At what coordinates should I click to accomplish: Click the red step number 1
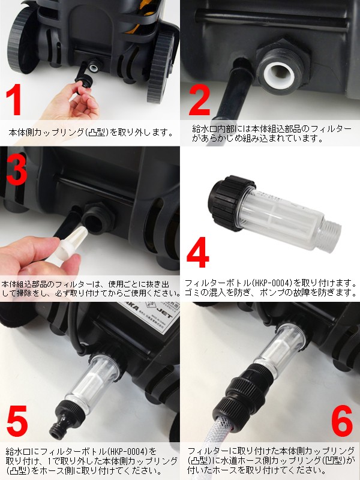[14, 100]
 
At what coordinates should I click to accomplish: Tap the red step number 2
[199, 100]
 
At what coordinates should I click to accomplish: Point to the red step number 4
[198, 252]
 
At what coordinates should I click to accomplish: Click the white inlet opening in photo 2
[278, 74]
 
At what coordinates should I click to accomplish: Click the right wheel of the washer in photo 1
[161, 68]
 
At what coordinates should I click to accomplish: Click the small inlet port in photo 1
[94, 66]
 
